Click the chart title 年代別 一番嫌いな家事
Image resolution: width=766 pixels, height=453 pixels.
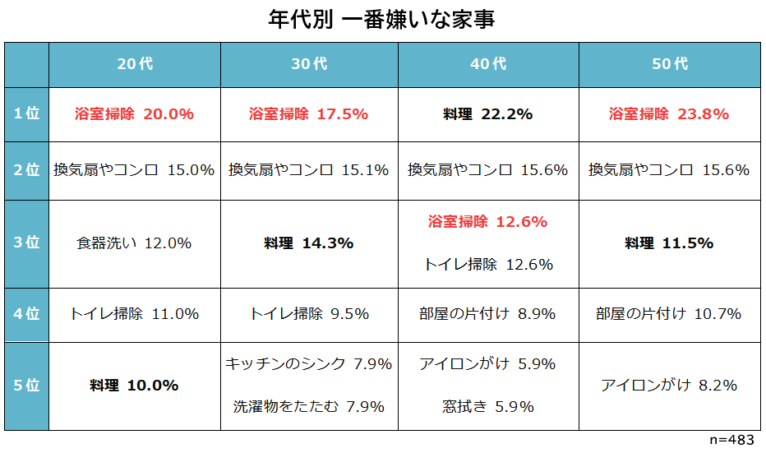pyautogui.click(x=382, y=19)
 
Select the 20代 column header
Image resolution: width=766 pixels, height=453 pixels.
pyautogui.click(x=135, y=64)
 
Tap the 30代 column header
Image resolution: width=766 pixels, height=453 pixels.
pyautogui.click(x=309, y=64)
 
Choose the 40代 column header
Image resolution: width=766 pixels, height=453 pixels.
pyautogui.click(x=488, y=64)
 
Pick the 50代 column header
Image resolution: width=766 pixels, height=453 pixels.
pyautogui.click(x=670, y=64)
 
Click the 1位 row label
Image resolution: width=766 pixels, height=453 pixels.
pyautogui.click(x=26, y=114)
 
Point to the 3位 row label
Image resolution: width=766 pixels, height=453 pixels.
pyautogui.click(x=26, y=243)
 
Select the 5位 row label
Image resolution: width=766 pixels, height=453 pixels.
pyautogui.click(x=26, y=386)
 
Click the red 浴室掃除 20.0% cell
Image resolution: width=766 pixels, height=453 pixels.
pyautogui.click(x=134, y=114)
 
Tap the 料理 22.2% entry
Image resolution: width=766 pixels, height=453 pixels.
pyautogui.click(x=488, y=114)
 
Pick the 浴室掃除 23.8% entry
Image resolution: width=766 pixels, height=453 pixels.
pyautogui.click(x=669, y=114)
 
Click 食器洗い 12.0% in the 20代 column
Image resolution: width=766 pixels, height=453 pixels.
pyautogui.click(x=134, y=243)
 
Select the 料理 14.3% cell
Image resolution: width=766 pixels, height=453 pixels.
pyautogui.click(x=309, y=243)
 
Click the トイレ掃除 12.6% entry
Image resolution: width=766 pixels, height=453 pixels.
pyautogui.click(x=488, y=265)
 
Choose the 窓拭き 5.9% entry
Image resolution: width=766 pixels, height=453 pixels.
pyautogui.click(x=488, y=407)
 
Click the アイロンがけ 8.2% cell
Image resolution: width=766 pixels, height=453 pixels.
pyautogui.click(x=669, y=386)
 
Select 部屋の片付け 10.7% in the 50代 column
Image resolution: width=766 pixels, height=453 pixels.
pyautogui.click(x=669, y=314)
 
